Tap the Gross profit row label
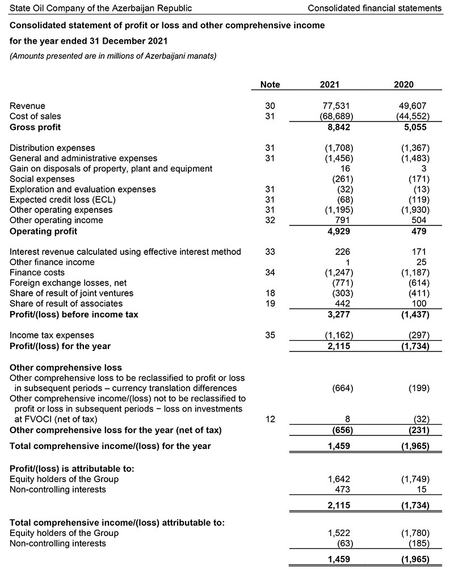[35, 127]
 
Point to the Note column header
[270, 85]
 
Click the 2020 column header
[403, 85]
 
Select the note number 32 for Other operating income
[270, 220]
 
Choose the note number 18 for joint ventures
[270, 293]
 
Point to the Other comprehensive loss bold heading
[66, 367]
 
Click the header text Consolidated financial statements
[374, 8]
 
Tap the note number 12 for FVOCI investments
[270, 419]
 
